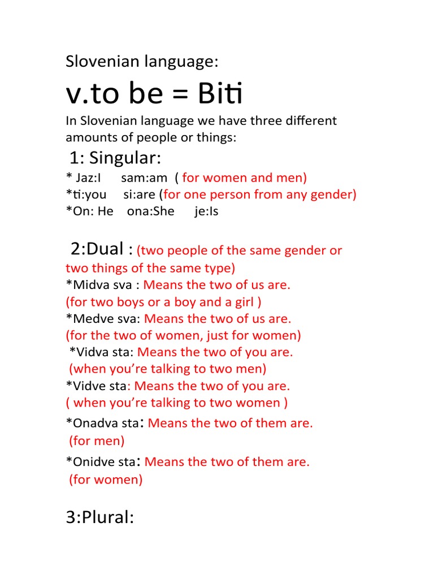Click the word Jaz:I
85,178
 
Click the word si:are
140,195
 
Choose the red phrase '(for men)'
97,440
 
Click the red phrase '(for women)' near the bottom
106,480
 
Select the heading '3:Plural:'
100,517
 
